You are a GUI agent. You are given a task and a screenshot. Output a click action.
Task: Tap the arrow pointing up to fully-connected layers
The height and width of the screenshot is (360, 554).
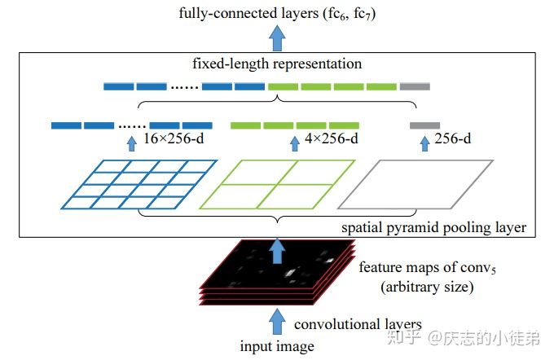(278, 37)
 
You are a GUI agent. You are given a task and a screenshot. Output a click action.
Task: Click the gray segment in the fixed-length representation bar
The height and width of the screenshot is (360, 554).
(415, 86)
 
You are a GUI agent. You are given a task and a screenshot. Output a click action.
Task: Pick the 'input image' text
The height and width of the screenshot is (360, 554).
(277, 347)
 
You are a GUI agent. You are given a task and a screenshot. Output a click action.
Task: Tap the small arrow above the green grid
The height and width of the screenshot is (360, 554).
(295, 144)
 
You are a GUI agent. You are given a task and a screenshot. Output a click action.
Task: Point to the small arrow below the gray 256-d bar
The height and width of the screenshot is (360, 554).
(423, 144)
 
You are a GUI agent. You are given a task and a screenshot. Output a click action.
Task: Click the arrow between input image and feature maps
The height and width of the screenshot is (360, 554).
(277, 319)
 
